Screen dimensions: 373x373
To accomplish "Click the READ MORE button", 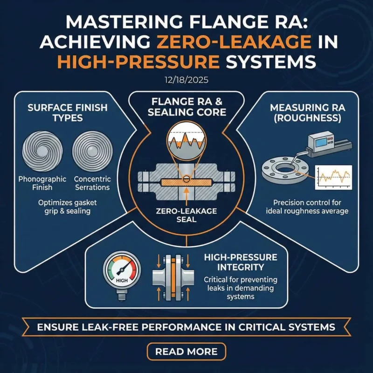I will pyautogui.click(x=186, y=351).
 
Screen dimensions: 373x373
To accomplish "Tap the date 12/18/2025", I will pyautogui.click(x=186, y=80).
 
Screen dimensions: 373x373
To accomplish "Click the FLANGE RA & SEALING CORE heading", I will pyautogui.click(x=186, y=106).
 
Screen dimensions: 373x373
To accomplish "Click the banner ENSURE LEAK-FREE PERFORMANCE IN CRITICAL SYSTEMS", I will pyautogui.click(x=186, y=327).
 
